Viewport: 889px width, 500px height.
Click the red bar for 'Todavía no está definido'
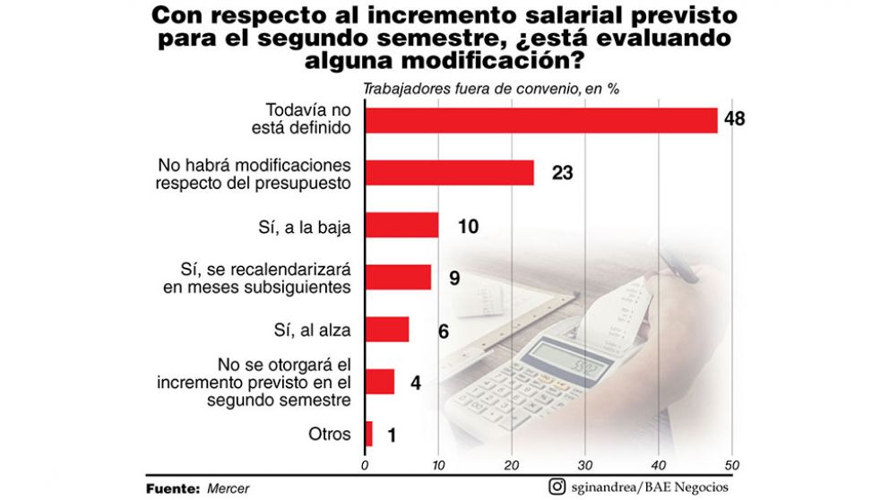[541, 120]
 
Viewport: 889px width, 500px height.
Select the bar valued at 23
[450, 172]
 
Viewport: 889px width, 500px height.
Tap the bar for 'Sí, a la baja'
[402, 225]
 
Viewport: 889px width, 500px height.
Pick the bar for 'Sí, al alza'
[387, 330]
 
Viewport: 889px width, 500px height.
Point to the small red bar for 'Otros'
[369, 435]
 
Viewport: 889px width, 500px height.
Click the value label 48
[736, 120]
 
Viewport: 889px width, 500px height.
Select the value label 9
[454, 278]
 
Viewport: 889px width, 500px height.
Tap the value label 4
[415, 383]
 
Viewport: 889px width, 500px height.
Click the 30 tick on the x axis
[585, 464]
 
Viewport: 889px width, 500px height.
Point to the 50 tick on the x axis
[731, 464]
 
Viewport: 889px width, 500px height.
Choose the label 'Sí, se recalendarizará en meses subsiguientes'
[258, 278]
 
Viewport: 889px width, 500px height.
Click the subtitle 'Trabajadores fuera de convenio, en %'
[491, 89]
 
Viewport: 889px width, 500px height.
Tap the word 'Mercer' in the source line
[229, 488]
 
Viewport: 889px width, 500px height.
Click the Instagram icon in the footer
[557, 487]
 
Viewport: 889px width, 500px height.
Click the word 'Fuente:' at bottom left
[173, 488]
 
